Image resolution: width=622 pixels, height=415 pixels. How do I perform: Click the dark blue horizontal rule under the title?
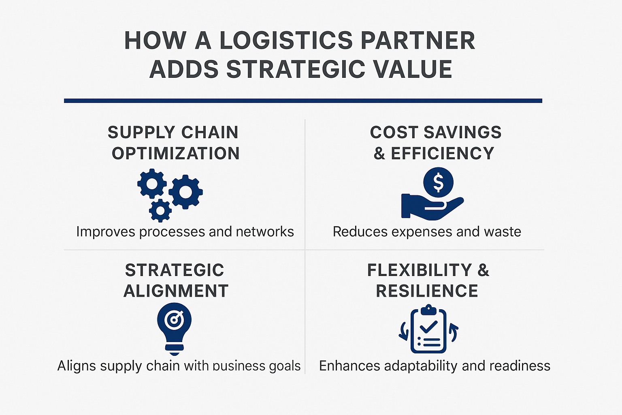[x=303, y=101]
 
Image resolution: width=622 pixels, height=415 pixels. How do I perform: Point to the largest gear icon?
[x=186, y=192]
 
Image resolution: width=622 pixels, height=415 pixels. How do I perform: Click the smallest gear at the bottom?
[x=160, y=210]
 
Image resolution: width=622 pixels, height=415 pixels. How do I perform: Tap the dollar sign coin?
[x=438, y=182]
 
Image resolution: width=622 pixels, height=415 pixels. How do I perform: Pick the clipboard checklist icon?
[x=428, y=331]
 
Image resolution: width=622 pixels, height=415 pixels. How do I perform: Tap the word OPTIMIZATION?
[x=176, y=154]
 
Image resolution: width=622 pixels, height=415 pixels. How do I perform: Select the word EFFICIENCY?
[x=442, y=154]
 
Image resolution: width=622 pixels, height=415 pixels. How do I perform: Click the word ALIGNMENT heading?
[x=176, y=291]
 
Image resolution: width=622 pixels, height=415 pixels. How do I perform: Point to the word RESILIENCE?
[x=427, y=291]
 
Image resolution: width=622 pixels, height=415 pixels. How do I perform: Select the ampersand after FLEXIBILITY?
[x=483, y=270]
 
